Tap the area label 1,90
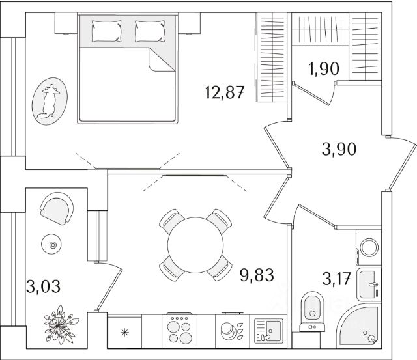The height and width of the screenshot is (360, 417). click(324, 68)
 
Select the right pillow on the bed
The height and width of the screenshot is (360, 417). click(149, 30)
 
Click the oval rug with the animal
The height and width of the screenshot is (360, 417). click(50, 101)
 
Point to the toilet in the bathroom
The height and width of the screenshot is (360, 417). click(313, 311)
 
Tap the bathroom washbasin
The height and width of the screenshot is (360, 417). click(369, 284)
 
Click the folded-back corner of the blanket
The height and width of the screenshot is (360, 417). click(160, 61)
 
